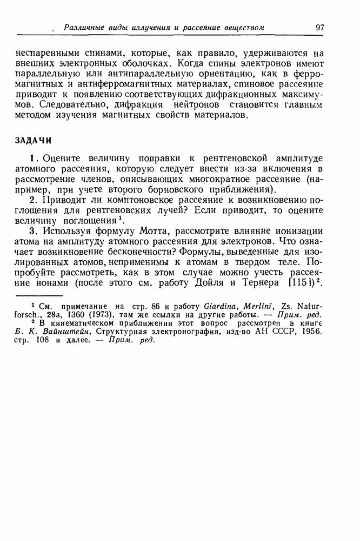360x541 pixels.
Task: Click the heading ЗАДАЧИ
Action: point(33,140)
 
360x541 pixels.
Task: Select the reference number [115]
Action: point(292,282)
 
